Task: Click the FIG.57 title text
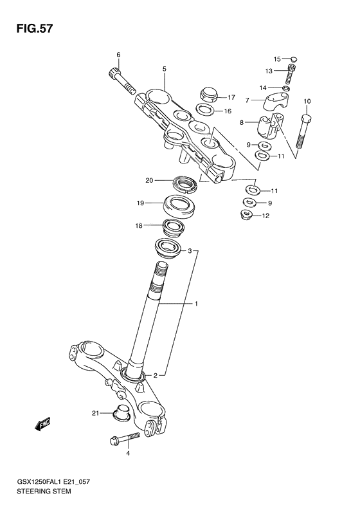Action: tap(30, 29)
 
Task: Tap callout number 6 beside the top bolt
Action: tap(118, 54)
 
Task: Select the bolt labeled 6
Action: tap(120, 79)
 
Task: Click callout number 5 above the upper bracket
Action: tap(164, 68)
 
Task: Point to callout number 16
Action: tap(227, 111)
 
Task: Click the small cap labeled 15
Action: tap(292, 59)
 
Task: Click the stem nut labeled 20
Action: tap(186, 185)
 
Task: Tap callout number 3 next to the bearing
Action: tap(190, 252)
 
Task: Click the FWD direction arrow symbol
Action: tap(42, 423)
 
